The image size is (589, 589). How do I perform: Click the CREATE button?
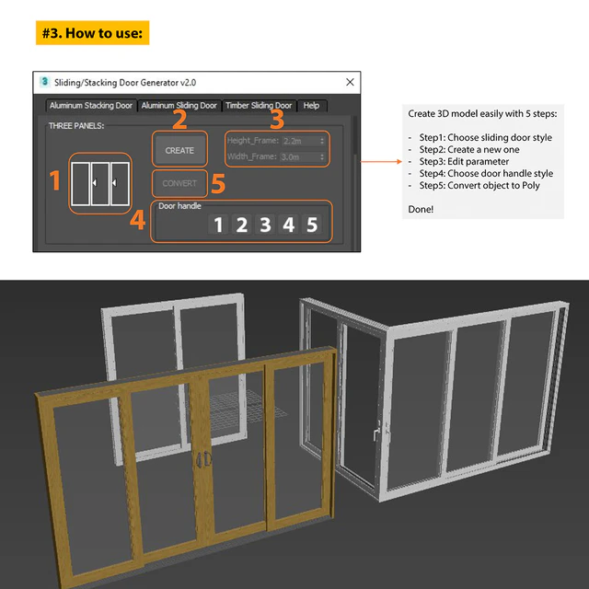click(179, 150)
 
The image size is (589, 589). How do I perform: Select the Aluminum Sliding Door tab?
click(179, 106)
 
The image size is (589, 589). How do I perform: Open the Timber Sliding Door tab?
click(259, 106)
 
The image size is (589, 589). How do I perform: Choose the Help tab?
click(311, 106)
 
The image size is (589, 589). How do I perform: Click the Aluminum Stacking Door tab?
click(91, 106)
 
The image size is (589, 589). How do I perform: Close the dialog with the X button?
click(350, 83)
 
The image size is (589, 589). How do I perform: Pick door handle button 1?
click(218, 225)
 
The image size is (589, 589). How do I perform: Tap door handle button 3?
click(265, 225)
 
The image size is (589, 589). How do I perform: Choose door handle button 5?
click(312, 225)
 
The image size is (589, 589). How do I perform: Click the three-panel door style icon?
click(100, 184)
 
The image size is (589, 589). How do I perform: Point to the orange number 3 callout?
click(277, 119)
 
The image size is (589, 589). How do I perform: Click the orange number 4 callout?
click(137, 221)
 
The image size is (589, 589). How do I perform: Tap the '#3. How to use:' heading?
click(93, 34)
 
